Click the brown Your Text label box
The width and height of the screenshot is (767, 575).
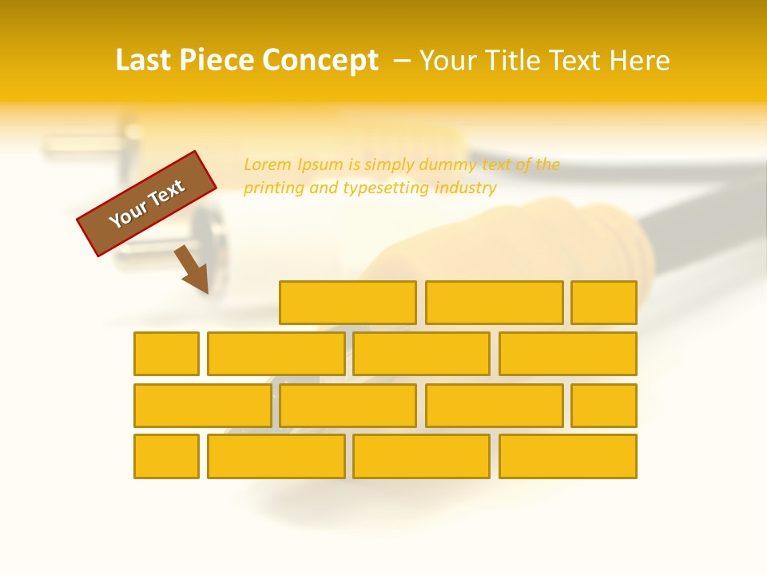(x=146, y=204)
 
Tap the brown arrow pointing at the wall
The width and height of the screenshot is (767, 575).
(x=193, y=270)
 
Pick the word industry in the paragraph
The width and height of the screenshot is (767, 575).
(x=466, y=188)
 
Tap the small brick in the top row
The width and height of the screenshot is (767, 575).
(x=604, y=303)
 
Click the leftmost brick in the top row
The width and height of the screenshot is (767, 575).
(x=348, y=303)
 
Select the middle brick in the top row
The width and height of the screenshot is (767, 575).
(x=494, y=303)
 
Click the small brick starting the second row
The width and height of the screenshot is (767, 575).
(x=166, y=354)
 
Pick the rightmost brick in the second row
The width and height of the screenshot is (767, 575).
(x=568, y=354)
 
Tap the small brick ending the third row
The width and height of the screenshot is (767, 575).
(x=604, y=406)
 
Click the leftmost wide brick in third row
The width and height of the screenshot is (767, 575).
(x=202, y=406)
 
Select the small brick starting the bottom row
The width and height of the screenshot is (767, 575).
(x=166, y=456)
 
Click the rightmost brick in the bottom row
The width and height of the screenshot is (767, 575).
(x=568, y=456)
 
